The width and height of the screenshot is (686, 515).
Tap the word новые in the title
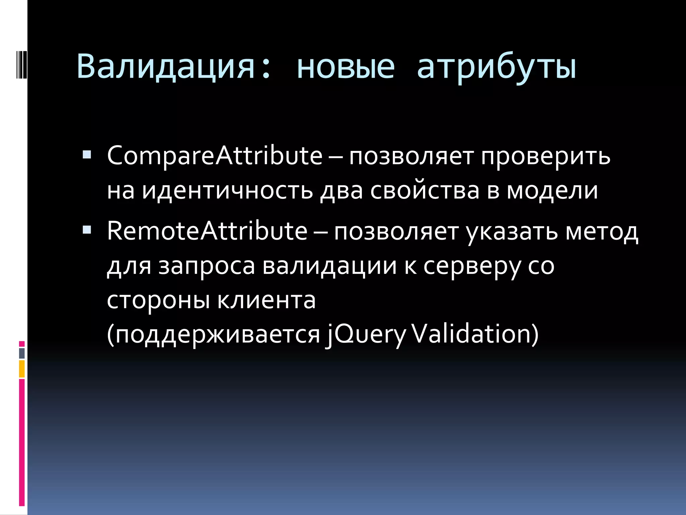coord(346,67)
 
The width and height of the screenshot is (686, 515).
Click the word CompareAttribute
coord(214,156)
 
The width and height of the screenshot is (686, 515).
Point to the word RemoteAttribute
coord(207,231)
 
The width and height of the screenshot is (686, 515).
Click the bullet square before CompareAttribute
coord(87,155)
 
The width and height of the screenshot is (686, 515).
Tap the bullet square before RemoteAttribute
coord(87,230)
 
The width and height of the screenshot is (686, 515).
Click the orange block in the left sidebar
coord(22,369)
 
